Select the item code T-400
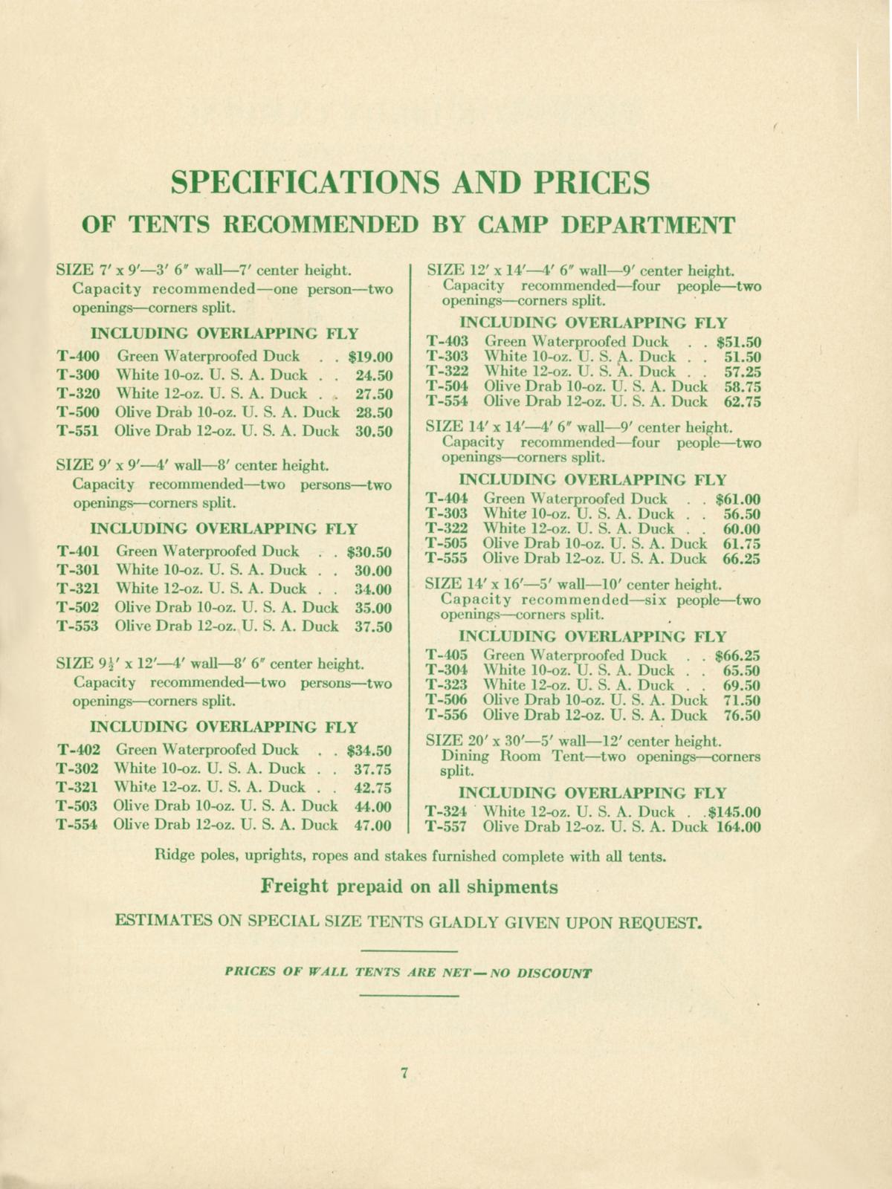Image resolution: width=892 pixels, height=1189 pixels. [78, 356]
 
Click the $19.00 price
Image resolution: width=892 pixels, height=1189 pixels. [369, 356]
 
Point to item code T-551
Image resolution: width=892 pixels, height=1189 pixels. [78, 431]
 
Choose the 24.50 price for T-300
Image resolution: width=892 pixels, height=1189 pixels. [373, 375]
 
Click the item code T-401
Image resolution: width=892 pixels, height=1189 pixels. [78, 552]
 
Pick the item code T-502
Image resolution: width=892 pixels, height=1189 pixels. [78, 608]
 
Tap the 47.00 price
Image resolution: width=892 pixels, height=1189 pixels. [372, 826]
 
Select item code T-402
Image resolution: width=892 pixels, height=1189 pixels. [78, 750]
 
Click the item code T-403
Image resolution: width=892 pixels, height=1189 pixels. [447, 342]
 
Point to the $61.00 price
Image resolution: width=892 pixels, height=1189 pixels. [737, 499]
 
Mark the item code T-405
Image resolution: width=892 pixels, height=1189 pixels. [447, 656]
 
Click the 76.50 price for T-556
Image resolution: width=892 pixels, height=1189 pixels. [742, 716]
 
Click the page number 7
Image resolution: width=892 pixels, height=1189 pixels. [405, 1073]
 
